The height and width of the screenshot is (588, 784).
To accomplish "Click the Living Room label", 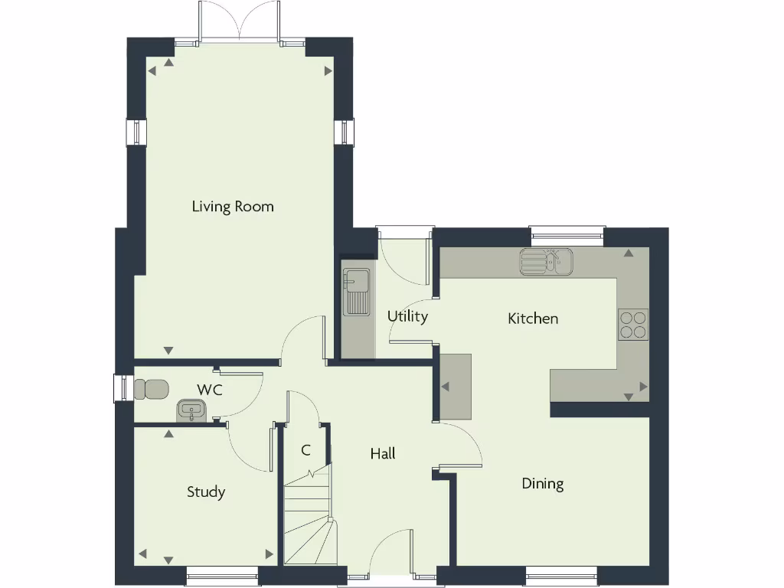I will click(x=233, y=207).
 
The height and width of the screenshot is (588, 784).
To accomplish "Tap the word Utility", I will click(x=407, y=316).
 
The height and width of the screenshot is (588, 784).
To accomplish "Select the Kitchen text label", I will click(x=533, y=318).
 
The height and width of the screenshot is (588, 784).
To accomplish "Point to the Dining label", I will click(x=543, y=483).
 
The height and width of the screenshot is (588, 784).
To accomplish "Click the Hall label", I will click(x=383, y=453).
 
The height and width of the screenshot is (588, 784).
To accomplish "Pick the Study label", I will click(x=206, y=492).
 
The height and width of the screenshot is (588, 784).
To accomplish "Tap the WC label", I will click(x=210, y=390).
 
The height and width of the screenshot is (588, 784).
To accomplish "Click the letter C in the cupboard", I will click(x=305, y=450).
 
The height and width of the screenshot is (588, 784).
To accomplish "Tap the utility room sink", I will click(x=356, y=292).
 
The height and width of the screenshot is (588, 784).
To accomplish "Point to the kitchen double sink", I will click(x=547, y=262).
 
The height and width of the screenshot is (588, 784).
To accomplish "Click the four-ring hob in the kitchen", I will click(x=633, y=324).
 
